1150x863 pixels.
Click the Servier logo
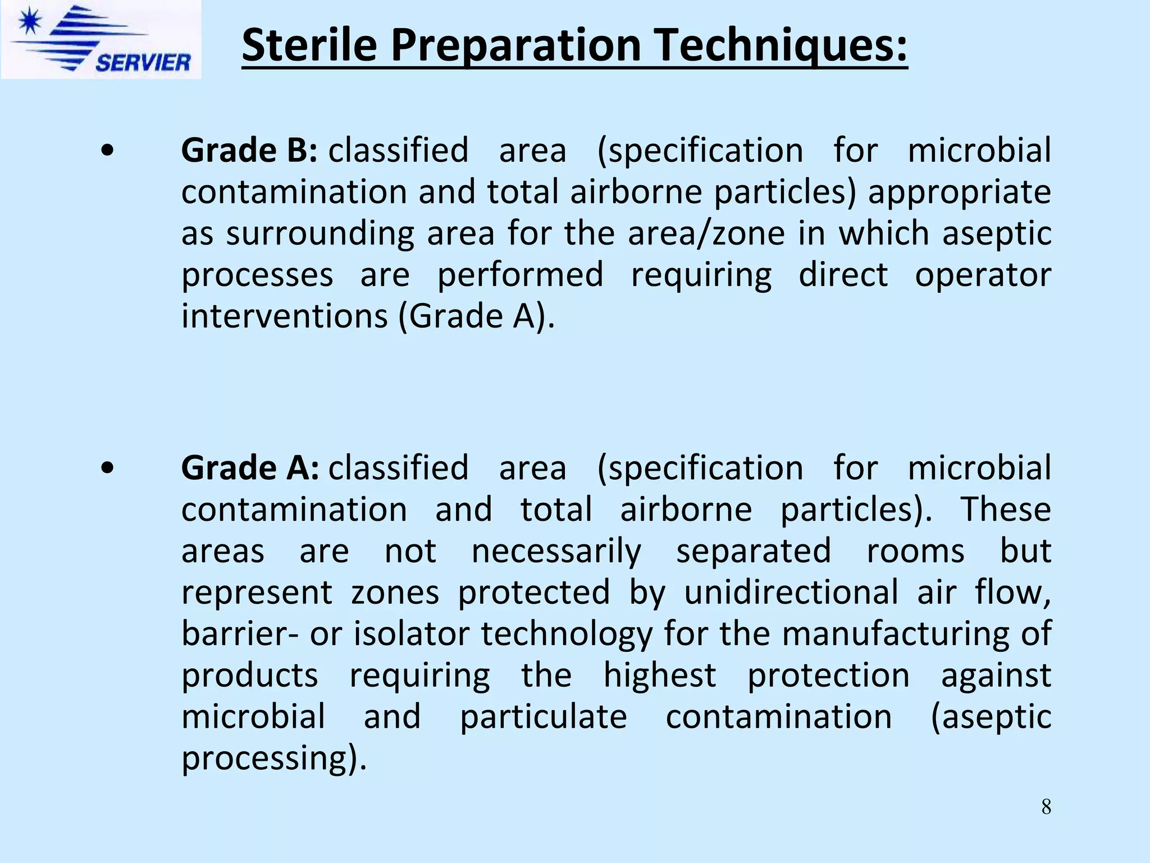[x=101, y=39]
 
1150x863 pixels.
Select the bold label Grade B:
[x=249, y=151]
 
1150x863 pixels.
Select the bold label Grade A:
[x=250, y=468]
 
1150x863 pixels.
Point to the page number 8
[x=1046, y=807]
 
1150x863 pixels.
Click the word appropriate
[x=959, y=192]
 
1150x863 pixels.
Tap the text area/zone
[x=706, y=233]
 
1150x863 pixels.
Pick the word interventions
[x=285, y=316]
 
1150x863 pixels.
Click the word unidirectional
[x=791, y=592]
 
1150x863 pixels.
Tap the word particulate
[x=543, y=717]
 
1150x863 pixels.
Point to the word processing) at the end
[x=273, y=758]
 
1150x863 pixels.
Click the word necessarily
[x=556, y=551]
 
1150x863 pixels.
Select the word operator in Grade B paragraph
[x=983, y=275]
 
